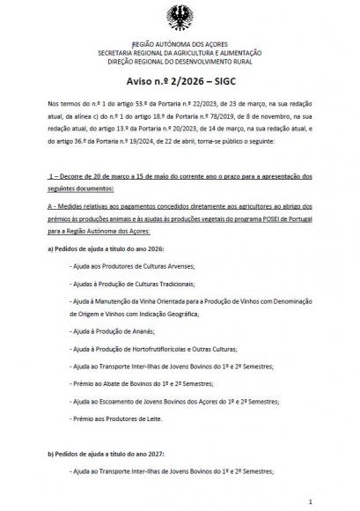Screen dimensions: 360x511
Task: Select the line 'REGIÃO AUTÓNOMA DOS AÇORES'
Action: pos(180,43)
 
